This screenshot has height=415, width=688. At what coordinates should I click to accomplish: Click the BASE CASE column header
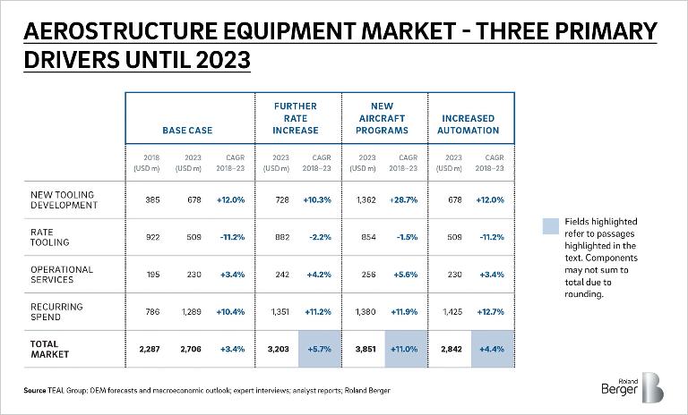pos(187,131)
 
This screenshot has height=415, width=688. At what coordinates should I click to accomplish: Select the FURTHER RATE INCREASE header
pos(296,118)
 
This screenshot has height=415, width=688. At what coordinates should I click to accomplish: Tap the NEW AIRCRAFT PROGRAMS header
pos(386,118)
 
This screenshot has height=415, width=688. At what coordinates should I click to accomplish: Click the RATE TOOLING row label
pos(44,237)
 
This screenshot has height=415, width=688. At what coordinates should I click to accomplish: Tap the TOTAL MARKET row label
pos(45,349)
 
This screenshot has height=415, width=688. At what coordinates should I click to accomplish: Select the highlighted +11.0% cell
pos(407,349)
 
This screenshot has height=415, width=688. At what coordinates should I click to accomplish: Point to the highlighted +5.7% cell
pos(318,349)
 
